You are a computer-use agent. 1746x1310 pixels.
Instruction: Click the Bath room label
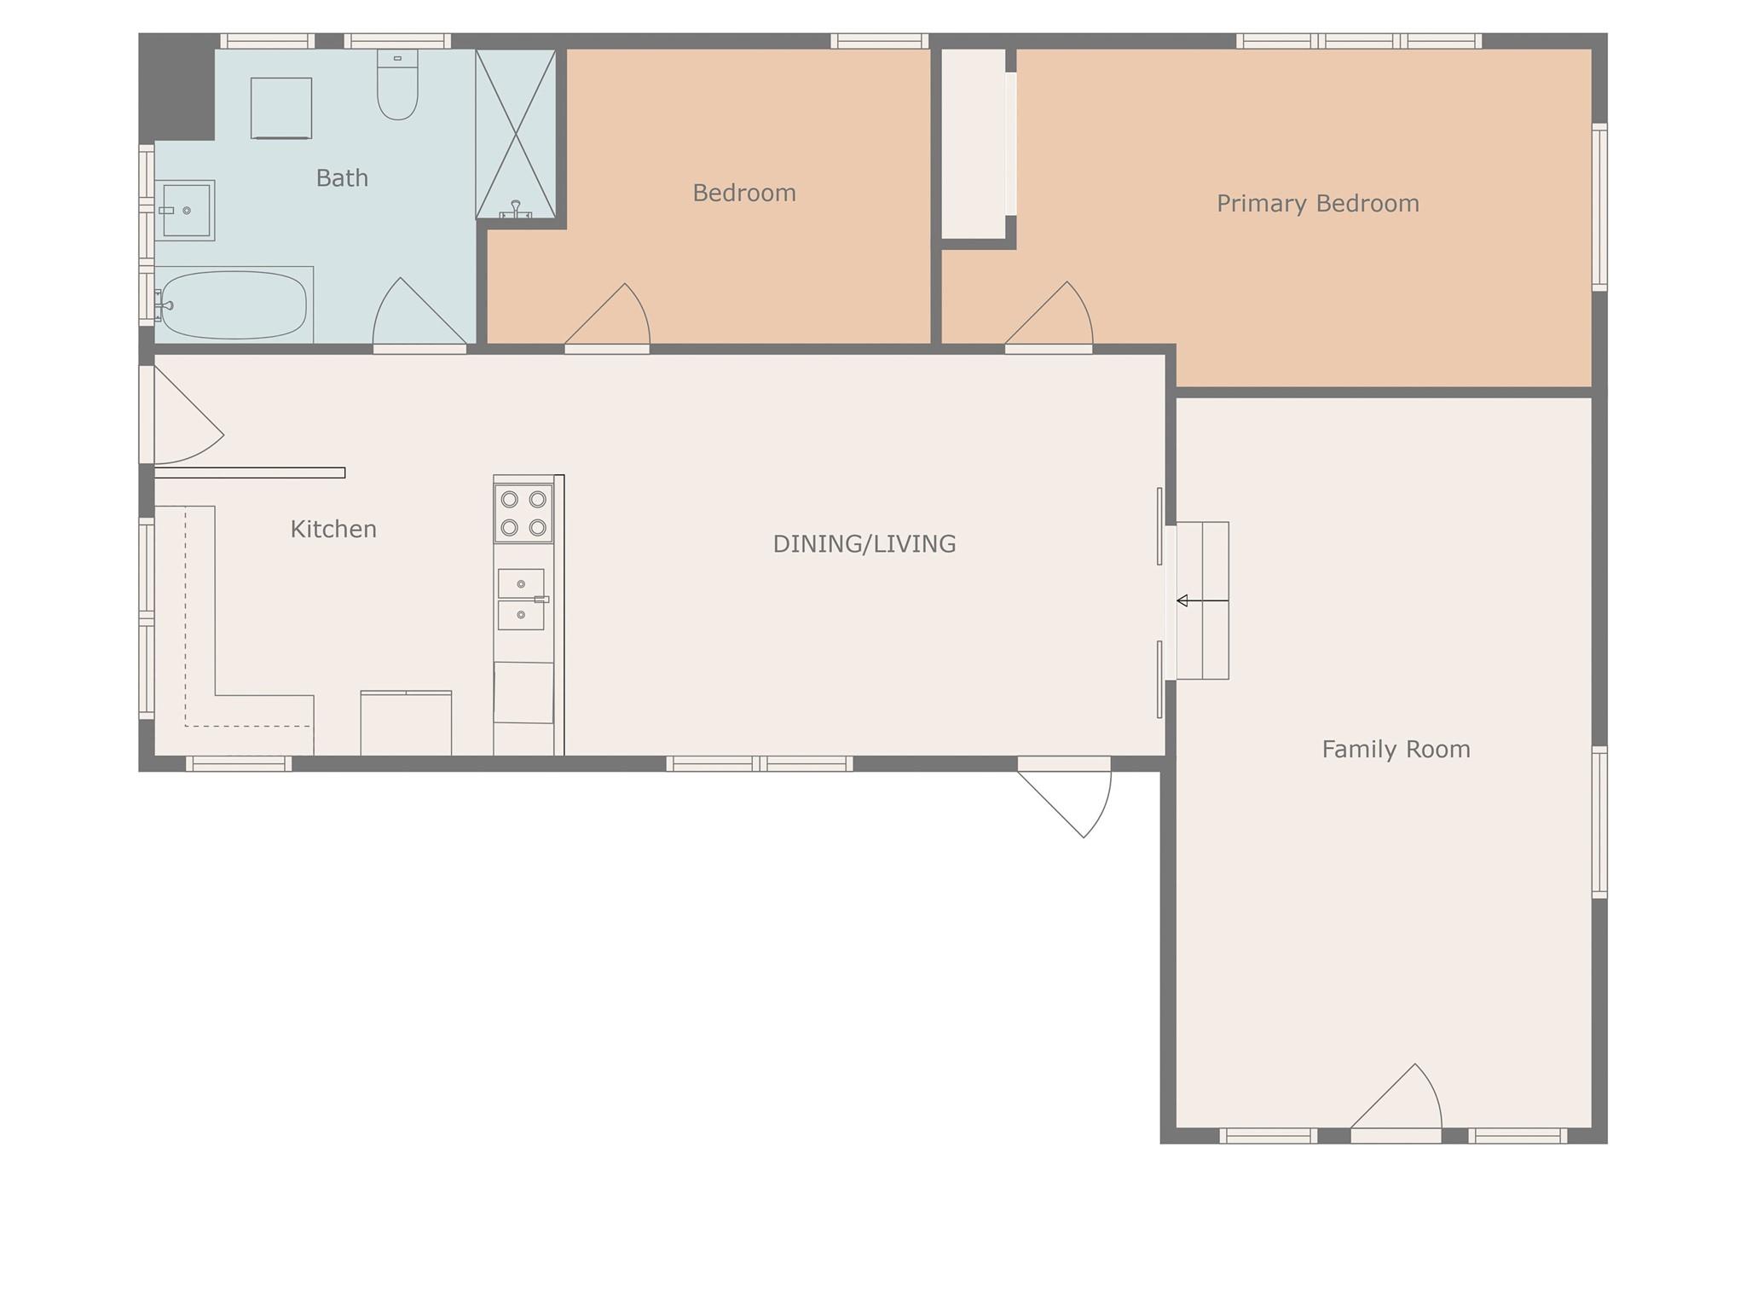pos(342,177)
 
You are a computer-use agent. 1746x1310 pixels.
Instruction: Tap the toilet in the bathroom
pos(397,84)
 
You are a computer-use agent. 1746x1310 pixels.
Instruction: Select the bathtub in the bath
pos(234,304)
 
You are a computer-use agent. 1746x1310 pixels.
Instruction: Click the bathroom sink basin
pos(186,210)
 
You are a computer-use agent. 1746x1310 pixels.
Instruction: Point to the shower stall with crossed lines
pos(516,134)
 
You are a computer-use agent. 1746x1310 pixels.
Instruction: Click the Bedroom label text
pos(744,193)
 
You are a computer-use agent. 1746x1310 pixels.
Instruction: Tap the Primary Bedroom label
pos(1317,203)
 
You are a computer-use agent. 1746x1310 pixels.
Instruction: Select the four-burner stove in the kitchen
pos(523,513)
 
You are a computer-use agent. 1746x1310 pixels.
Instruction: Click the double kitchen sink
pos(521,600)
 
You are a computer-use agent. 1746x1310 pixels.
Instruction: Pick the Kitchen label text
pos(333,529)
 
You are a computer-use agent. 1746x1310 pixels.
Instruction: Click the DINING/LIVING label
pos(864,544)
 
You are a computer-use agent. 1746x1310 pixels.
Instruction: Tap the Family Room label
pos(1396,749)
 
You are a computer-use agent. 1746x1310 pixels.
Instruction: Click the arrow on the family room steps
pos(1202,601)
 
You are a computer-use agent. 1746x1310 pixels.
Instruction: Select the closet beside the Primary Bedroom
pos(974,143)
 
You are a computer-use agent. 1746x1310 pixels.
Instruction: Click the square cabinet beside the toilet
pos(281,108)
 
